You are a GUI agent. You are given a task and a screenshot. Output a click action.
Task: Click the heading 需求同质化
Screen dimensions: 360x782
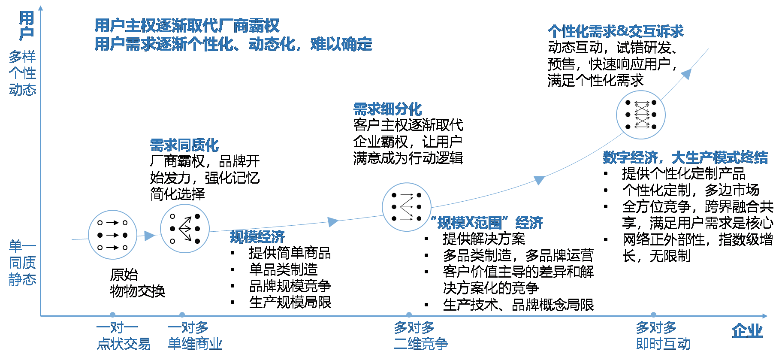tap(184, 145)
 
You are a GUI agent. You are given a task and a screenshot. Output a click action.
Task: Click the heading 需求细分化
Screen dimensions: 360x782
tap(387, 109)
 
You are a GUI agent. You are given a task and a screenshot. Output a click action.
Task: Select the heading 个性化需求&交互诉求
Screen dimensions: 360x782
tap(615, 31)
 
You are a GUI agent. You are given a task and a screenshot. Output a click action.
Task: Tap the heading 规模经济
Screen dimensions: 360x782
tap(257, 236)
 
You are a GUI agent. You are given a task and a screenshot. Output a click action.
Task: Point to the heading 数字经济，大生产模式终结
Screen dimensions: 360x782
tap(685, 157)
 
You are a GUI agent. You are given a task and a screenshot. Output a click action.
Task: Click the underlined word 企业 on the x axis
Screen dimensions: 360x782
tap(747, 331)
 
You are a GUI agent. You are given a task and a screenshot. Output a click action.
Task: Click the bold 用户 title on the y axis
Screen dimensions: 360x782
tap(27, 26)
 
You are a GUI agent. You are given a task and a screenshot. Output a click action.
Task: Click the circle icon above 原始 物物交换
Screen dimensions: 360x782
tap(112, 235)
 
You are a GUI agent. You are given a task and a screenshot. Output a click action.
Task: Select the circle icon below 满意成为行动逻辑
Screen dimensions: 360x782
tap(406, 207)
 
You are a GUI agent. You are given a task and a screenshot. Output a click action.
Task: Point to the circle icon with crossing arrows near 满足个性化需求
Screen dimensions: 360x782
tap(640, 115)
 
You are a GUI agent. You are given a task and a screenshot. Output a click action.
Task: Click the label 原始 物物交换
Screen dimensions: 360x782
tap(137, 283)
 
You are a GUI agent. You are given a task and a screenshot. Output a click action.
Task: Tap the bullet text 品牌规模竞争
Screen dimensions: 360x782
tap(290, 286)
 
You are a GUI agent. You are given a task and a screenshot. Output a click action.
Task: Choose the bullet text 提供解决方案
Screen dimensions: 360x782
tap(483, 239)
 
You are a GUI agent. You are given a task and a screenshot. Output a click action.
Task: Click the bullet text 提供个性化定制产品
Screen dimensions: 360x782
tap(683, 174)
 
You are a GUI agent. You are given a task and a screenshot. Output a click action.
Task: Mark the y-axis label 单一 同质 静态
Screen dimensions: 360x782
tap(22, 263)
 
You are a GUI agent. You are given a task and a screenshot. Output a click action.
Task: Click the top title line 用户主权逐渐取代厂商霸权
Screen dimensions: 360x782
tap(187, 26)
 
